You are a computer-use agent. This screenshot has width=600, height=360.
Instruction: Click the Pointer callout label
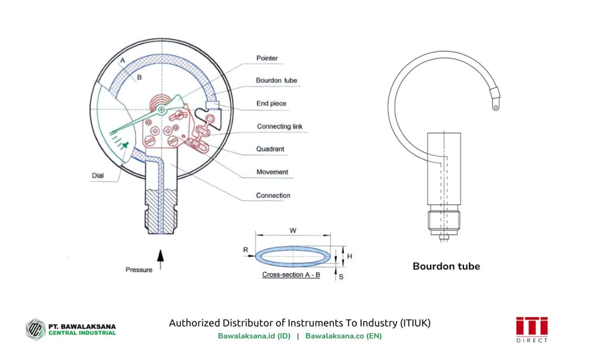[267, 59]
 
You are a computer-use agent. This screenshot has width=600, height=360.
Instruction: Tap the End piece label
[271, 104]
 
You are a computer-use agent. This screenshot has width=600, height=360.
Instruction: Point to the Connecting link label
[279, 127]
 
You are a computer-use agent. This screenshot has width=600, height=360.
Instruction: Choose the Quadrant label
[270, 149]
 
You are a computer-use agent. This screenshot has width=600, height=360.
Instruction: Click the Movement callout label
[272, 172]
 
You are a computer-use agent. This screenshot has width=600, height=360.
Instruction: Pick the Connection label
[273, 195]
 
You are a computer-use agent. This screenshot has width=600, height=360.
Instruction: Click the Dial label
[98, 175]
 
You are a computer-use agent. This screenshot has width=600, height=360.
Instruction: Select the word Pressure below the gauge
[139, 270]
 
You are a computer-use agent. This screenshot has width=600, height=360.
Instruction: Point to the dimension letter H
[349, 256]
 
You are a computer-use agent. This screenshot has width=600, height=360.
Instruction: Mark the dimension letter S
[341, 276]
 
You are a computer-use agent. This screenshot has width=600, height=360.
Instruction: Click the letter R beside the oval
[246, 250]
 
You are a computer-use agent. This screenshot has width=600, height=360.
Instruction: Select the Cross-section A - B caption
[291, 274]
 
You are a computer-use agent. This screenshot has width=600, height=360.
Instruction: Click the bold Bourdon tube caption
[446, 266]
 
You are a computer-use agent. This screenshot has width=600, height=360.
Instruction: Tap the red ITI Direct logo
[532, 329]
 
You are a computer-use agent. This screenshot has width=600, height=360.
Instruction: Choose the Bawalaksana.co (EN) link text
[343, 336]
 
